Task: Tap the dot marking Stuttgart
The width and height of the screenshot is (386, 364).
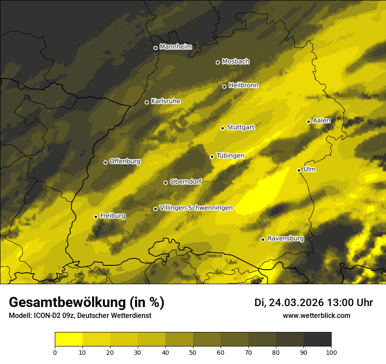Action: coord(222,128)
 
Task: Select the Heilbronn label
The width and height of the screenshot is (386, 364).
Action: coord(243,86)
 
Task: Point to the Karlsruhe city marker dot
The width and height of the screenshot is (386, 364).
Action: coord(147,102)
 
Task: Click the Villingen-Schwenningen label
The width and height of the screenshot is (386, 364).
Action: coord(196,208)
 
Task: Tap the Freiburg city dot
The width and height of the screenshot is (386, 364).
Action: coord(96,217)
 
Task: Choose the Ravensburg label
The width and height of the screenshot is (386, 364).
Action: coord(286,239)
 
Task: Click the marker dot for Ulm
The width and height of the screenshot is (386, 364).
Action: coord(299,170)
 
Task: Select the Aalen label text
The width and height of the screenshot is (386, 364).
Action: coord(322,121)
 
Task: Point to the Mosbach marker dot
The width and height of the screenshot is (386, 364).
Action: coord(218,62)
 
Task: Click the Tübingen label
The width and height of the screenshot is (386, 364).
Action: coord(230,156)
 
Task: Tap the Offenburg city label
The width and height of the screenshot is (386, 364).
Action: coord(125,161)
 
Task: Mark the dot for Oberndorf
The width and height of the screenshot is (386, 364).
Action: coord(165,182)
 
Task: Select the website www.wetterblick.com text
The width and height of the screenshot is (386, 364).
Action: coord(316,315)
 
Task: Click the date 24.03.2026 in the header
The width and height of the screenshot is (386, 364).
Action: coord(296,303)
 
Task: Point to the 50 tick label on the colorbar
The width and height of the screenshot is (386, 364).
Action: coord(193,352)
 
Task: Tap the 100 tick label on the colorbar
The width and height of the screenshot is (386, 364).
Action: coord(331,352)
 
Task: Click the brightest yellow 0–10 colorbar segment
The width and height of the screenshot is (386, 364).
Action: coord(68,339)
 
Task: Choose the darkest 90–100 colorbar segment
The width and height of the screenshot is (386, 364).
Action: coord(317,339)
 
